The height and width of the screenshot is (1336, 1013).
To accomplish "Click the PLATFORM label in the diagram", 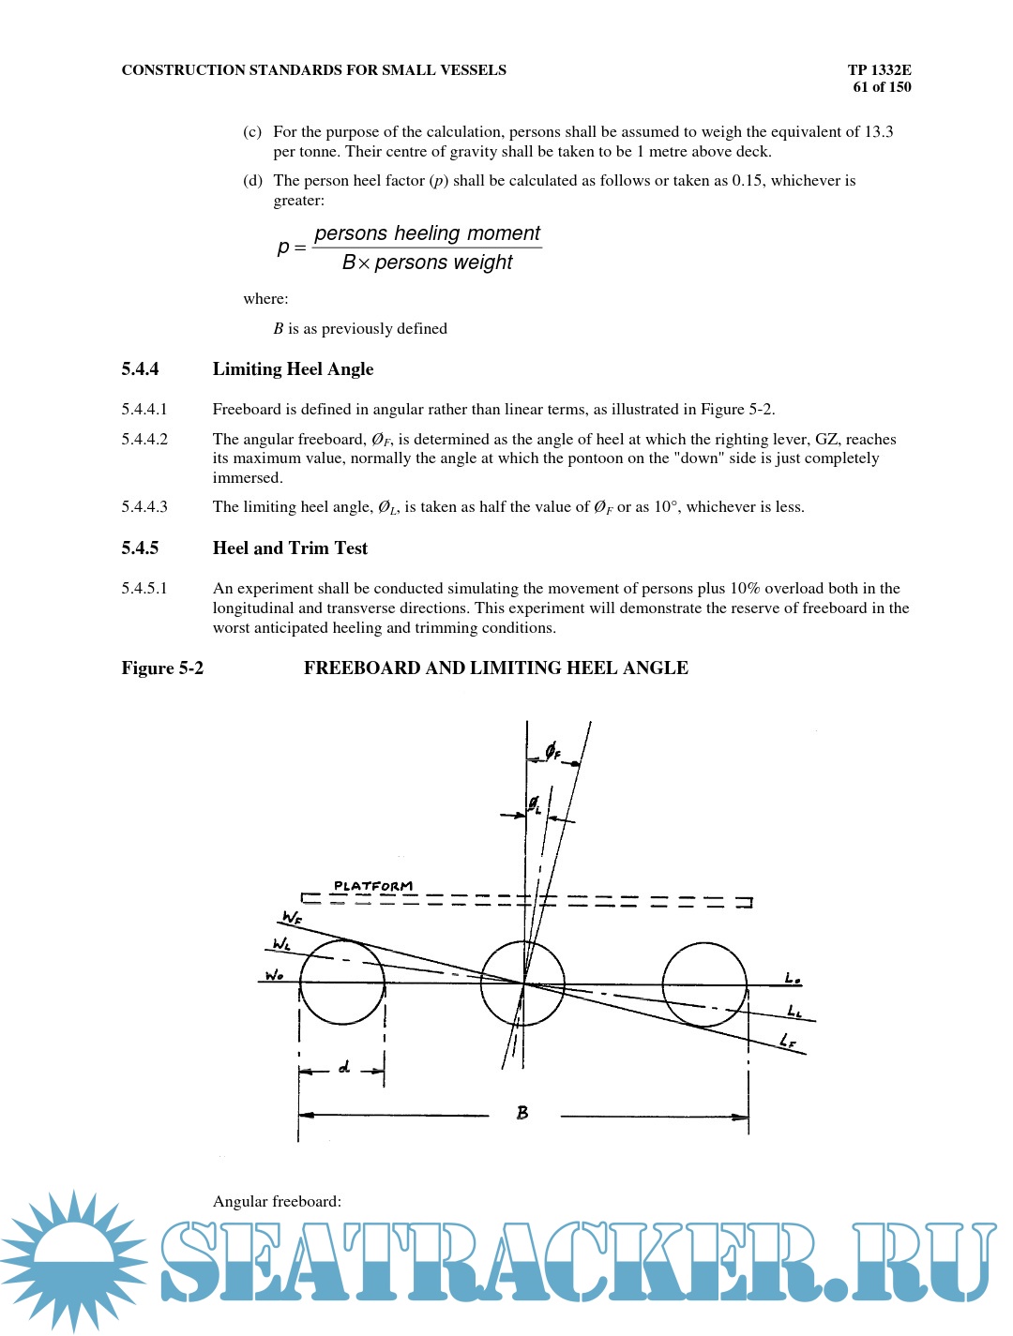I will pos(372,886).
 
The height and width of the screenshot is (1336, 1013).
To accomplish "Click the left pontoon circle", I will pos(342,982).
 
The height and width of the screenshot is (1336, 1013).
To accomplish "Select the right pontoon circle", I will pos(704,984).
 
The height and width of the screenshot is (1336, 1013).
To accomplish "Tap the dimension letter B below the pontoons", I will pos(522,1113).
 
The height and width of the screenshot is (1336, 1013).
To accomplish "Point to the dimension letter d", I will pos(344,1067).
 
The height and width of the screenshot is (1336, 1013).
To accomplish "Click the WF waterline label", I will pos(292,917).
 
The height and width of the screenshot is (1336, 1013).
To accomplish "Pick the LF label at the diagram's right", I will pos(788,1041).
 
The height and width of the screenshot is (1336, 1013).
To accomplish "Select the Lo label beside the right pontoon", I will pos(793,979).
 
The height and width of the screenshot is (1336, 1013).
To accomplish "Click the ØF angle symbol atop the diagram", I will pos(553,751).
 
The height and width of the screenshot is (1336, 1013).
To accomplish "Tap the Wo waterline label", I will pos(274,975).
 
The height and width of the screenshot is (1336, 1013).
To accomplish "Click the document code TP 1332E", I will pos(879,69).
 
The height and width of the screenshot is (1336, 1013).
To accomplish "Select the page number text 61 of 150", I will pos(882,87).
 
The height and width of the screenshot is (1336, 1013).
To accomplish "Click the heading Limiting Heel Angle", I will pos(293,369).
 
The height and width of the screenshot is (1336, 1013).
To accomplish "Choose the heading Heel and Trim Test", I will pos(290,548).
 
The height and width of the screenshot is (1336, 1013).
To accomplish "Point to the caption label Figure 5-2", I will pos(162,668).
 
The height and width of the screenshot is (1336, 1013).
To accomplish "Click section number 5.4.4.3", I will pos(144,507).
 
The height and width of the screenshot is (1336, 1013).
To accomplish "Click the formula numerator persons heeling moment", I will pos(427,233).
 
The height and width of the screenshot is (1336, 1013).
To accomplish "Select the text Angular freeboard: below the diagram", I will pos(277,1202).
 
